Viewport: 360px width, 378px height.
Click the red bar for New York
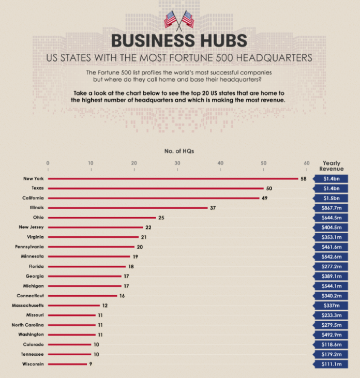(x=173, y=179)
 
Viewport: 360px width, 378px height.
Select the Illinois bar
(x=127, y=208)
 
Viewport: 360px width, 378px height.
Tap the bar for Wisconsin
(x=67, y=364)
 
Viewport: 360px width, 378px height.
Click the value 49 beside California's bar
(x=265, y=198)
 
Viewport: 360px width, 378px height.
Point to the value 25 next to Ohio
(x=161, y=218)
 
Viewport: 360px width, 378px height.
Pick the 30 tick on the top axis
(x=177, y=162)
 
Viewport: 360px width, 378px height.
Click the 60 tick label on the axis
(x=307, y=162)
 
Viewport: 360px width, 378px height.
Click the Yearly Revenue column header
(x=331, y=166)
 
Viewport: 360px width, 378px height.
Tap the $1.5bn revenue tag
(x=332, y=198)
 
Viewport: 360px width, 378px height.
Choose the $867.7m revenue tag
(x=332, y=208)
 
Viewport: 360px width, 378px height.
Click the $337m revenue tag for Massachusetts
(x=332, y=306)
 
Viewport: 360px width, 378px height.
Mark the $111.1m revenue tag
(x=332, y=364)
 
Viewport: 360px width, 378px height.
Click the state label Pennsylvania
(x=29, y=247)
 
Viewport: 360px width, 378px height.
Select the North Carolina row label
(x=27, y=325)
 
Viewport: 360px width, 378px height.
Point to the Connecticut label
(x=30, y=296)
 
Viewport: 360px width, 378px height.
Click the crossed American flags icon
(x=179, y=20)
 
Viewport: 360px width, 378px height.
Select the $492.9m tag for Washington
(x=332, y=335)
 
